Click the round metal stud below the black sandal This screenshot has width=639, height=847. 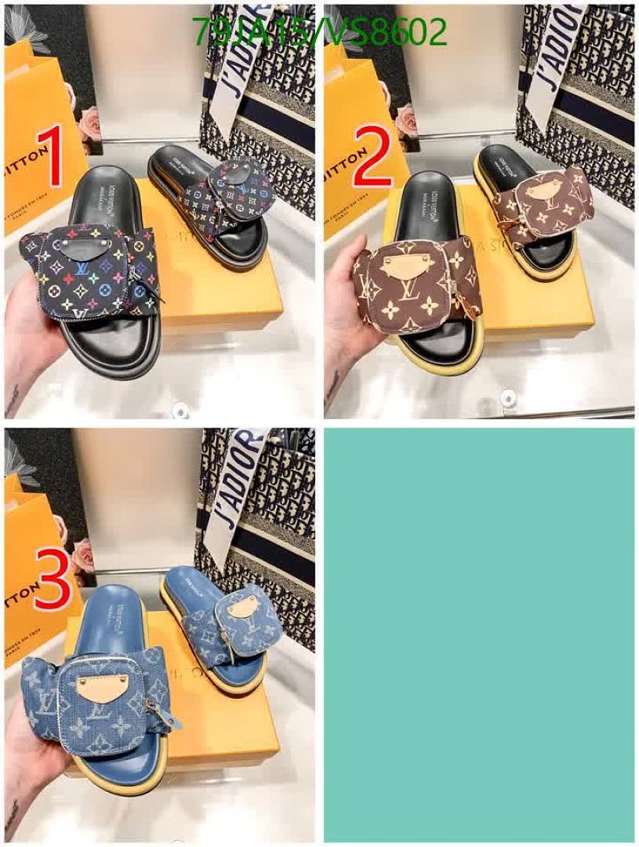[181, 408]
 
